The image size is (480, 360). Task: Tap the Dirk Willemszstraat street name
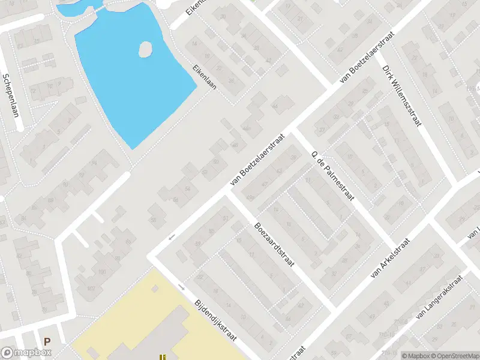(x=403, y=95)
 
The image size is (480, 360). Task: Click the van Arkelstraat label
(x=390, y=258)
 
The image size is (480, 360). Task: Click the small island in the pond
(x=145, y=49)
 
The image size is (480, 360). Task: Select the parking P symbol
(x=47, y=341)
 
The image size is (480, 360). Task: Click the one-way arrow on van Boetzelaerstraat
(x=172, y=236)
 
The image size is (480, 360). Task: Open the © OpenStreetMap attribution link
(x=454, y=356)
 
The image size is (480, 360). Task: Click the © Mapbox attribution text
(x=416, y=356)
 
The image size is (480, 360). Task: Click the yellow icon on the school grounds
(x=162, y=356)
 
